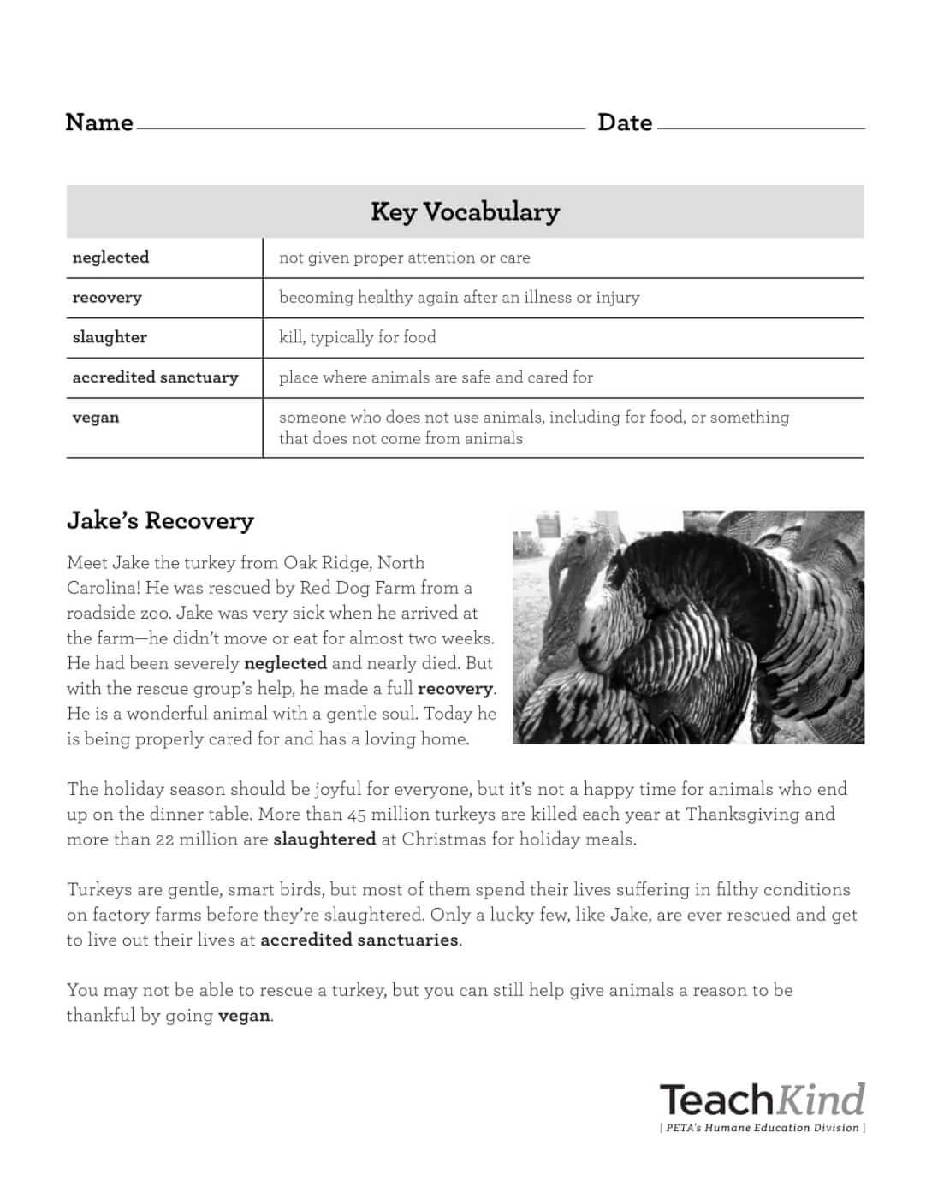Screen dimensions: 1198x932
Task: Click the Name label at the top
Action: click(99, 122)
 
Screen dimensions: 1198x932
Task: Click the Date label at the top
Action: click(625, 122)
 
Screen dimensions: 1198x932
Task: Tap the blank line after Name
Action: click(359, 127)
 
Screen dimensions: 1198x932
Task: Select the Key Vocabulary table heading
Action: click(465, 211)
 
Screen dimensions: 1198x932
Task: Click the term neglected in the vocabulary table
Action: click(110, 258)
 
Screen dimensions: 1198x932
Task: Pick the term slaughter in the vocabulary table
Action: click(110, 337)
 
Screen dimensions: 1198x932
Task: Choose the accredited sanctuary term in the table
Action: click(155, 377)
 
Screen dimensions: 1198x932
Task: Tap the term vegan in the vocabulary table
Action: click(96, 418)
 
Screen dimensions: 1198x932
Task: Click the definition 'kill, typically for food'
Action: click(357, 337)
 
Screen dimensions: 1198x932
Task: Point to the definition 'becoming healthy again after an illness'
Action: click(459, 298)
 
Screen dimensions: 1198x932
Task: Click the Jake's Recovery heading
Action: click(160, 520)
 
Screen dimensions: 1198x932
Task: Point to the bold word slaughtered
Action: click(324, 839)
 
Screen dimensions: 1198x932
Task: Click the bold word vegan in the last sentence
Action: click(244, 1016)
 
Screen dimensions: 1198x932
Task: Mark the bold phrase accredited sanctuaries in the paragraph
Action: click(359, 940)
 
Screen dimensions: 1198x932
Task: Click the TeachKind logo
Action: click(762, 1099)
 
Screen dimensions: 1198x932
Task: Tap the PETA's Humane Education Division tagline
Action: click(762, 1128)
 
